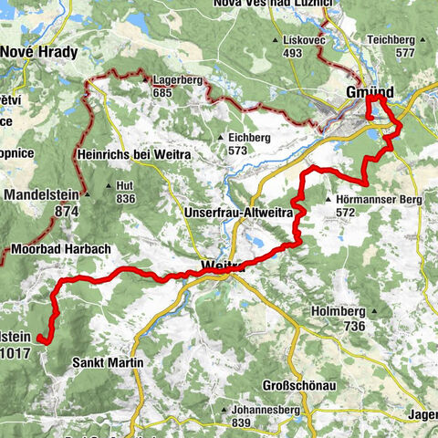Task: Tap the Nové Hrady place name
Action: coord(34,52)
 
